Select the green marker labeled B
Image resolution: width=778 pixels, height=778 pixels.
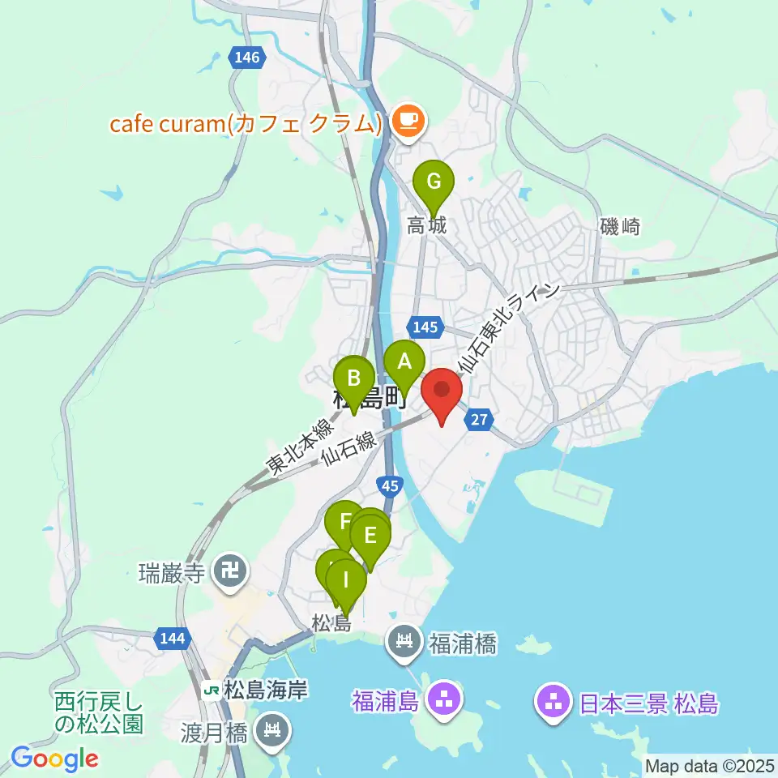(x=354, y=378)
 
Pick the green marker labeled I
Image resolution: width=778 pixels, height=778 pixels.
(x=346, y=580)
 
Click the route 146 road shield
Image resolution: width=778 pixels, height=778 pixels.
(x=245, y=58)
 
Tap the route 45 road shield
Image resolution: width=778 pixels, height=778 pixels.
(x=391, y=485)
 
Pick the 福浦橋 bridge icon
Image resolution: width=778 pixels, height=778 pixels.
(x=403, y=644)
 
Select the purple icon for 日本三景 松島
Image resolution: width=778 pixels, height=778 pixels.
(x=554, y=702)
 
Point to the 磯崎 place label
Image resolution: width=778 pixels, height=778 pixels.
(x=621, y=227)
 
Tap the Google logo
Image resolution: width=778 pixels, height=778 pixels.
(x=54, y=759)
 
